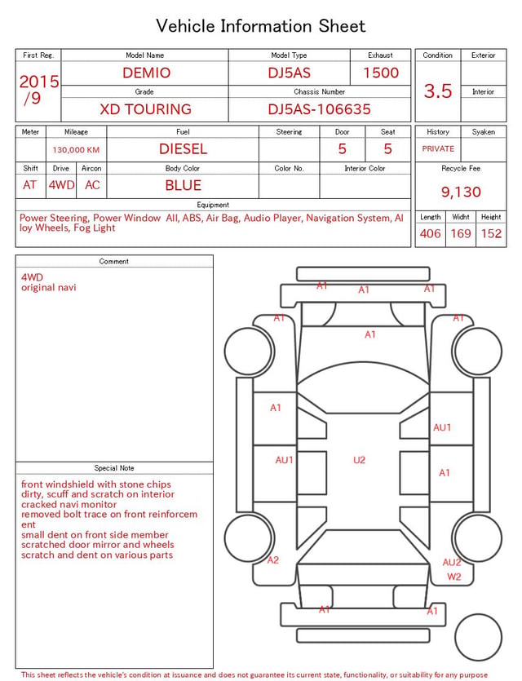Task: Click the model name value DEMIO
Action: click(x=146, y=73)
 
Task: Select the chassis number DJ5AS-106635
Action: click(x=319, y=109)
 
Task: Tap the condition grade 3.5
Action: click(x=438, y=91)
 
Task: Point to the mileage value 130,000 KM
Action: click(x=76, y=150)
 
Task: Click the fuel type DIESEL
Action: click(x=183, y=149)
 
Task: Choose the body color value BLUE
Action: click(x=183, y=185)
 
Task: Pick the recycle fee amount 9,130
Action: click(x=461, y=192)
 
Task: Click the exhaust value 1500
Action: click(x=381, y=73)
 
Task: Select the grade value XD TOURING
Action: click(x=145, y=109)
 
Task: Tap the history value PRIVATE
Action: click(x=438, y=148)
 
